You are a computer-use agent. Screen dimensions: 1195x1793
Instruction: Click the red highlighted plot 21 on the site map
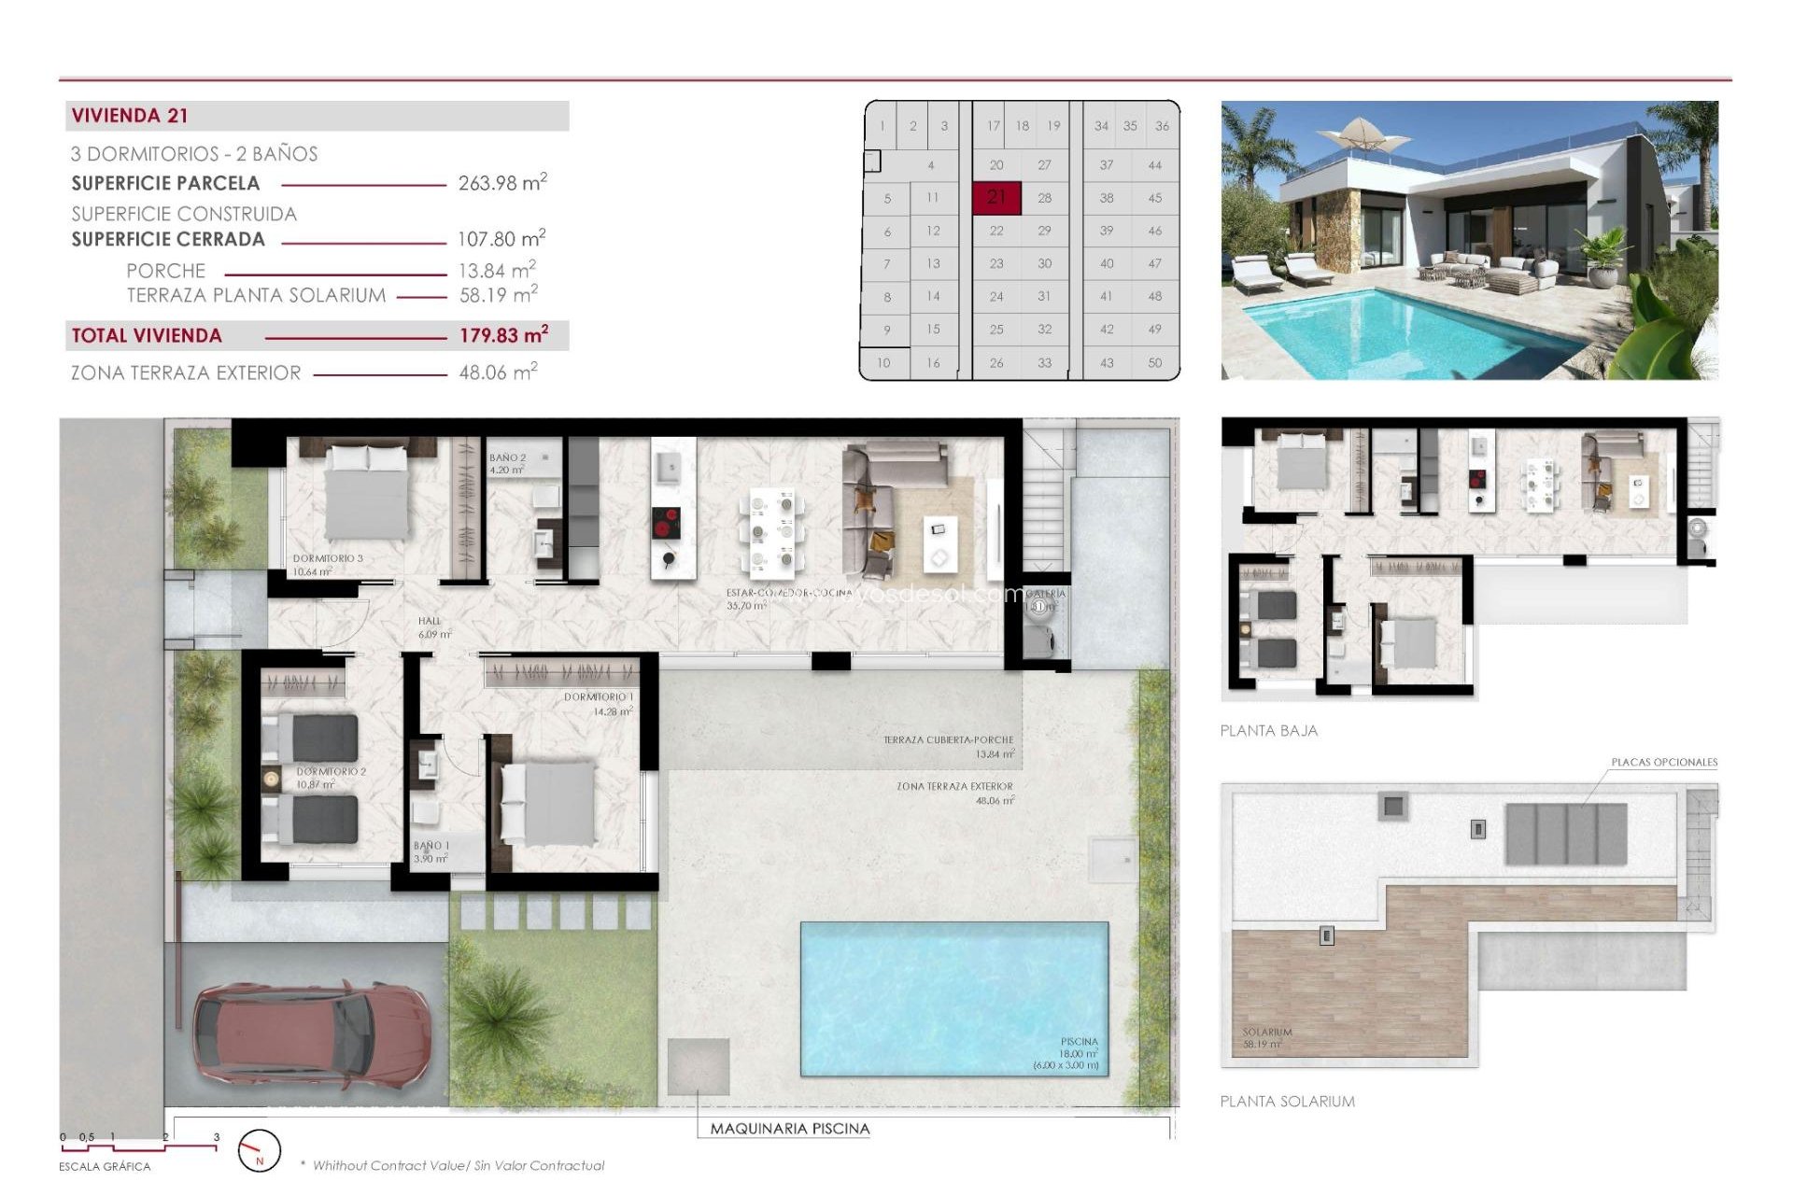pos(995,197)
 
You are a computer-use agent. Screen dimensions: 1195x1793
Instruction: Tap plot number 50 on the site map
pos(1154,362)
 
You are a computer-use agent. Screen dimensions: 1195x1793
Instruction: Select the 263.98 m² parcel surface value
pos(501,183)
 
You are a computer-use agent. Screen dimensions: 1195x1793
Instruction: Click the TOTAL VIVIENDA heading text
pos(147,336)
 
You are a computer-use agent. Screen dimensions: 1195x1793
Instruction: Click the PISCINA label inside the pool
pos(1079,1041)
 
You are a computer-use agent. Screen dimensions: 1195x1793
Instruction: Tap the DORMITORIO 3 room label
pos(328,558)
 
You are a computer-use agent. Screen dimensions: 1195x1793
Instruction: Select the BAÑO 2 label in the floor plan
pos(507,458)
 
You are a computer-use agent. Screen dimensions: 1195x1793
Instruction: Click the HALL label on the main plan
pos(430,621)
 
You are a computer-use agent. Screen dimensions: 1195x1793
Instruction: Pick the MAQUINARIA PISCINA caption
pos(789,1129)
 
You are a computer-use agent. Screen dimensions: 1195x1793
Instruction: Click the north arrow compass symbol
pos(259,1150)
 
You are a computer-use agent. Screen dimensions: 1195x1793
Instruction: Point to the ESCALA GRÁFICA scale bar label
pos(105,1167)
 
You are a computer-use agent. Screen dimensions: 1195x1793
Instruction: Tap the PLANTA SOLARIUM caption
pos(1287,1102)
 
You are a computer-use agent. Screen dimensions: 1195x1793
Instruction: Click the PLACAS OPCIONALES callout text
pos(1663,763)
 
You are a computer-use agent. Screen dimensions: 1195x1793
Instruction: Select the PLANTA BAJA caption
pos(1268,731)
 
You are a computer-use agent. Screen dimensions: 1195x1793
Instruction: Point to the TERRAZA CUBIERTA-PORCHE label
pos(948,739)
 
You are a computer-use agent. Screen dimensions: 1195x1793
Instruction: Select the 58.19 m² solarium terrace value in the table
pos(498,295)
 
